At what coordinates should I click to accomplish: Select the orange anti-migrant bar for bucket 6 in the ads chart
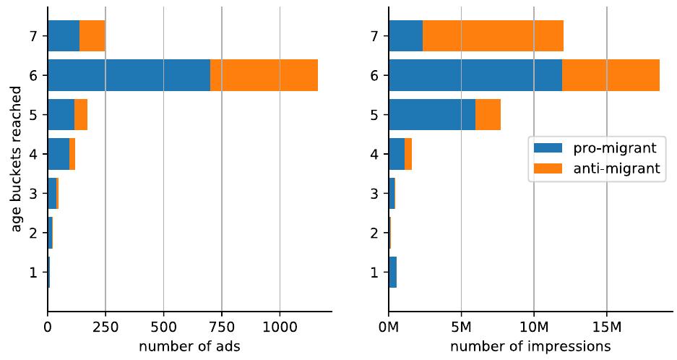(x=264, y=75)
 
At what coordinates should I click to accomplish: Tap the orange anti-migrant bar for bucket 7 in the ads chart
(x=92, y=35)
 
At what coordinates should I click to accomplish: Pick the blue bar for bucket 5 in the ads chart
(x=61, y=114)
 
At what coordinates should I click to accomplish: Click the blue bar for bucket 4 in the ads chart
(x=58, y=154)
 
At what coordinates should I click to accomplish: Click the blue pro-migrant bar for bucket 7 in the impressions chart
(x=405, y=35)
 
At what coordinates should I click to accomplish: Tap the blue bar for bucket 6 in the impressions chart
(x=475, y=75)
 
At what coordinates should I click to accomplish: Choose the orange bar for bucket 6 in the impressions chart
(x=611, y=75)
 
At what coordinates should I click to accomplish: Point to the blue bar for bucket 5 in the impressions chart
(x=432, y=114)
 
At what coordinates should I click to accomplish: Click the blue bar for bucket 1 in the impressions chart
(x=392, y=273)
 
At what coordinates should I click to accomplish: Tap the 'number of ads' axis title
(x=189, y=346)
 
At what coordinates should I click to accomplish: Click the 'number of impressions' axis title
(x=530, y=346)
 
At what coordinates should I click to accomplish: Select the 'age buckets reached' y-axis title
(x=17, y=160)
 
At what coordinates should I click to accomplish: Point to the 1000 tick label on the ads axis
(x=280, y=327)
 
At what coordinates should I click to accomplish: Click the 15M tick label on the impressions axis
(x=606, y=327)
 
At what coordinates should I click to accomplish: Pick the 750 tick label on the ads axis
(x=221, y=327)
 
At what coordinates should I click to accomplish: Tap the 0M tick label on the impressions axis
(x=389, y=327)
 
